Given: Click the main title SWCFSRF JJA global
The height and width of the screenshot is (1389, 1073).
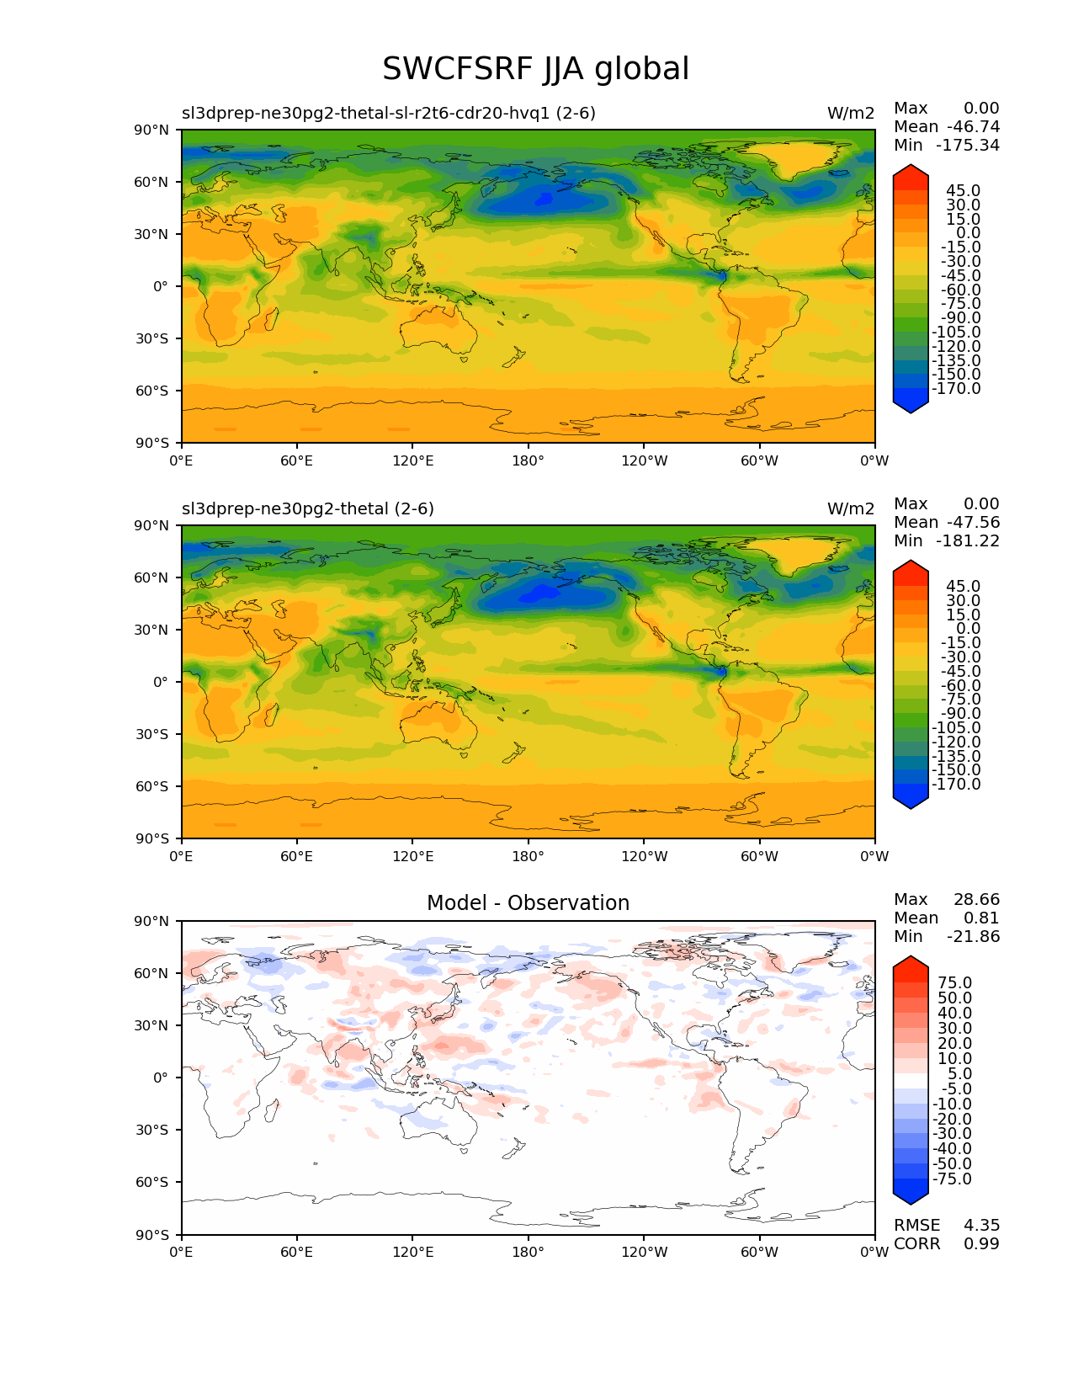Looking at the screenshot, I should [x=535, y=69].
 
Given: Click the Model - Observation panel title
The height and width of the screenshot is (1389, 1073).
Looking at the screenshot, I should [x=528, y=903].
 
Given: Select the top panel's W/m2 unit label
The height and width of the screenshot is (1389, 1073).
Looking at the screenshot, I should [x=850, y=113].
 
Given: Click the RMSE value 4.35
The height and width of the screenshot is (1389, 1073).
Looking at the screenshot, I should [x=981, y=1225].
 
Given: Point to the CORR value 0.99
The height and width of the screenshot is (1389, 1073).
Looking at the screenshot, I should [x=981, y=1243].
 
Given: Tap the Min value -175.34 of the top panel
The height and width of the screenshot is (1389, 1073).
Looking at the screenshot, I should [x=968, y=145].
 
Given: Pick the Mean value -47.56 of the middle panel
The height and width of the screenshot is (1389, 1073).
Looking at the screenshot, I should [x=973, y=522].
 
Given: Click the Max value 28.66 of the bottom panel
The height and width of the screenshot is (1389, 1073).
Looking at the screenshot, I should [x=976, y=899].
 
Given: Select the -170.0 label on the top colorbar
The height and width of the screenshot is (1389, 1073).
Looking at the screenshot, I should [x=956, y=389].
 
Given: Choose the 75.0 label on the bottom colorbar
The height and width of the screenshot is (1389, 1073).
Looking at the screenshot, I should [x=955, y=982].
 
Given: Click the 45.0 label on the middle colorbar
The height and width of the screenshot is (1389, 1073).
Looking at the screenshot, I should [x=963, y=586].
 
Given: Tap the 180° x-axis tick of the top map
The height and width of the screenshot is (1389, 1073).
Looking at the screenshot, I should [x=528, y=460].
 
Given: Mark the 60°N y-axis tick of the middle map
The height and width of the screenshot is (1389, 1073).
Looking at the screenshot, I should [x=152, y=577].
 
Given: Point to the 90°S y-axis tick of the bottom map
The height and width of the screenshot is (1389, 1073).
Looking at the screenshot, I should [x=152, y=1235].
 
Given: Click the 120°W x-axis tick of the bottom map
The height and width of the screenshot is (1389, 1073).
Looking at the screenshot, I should [x=644, y=1252].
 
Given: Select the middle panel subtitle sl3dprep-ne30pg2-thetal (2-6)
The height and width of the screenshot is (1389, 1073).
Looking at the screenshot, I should [x=308, y=508].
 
